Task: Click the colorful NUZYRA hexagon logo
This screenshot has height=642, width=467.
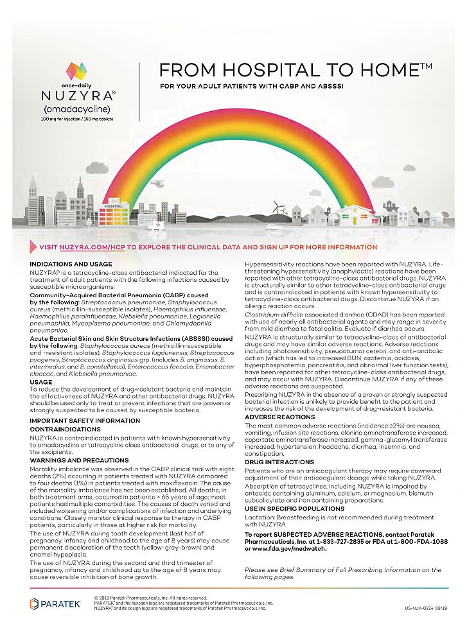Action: [x=76, y=71]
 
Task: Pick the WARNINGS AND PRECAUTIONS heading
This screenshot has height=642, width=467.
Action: [x=79, y=460]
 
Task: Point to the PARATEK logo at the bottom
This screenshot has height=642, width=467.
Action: [x=55, y=604]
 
